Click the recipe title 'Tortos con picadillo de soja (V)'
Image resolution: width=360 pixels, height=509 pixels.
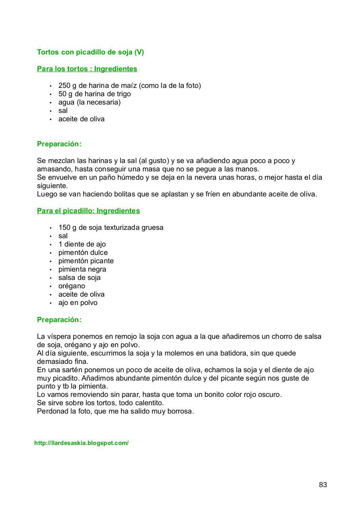click(90, 52)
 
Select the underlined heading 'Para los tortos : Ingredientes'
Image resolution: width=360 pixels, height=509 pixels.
click(87, 69)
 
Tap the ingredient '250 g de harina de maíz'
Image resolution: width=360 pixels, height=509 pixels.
click(129, 85)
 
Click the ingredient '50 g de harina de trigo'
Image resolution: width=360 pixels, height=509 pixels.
click(94, 94)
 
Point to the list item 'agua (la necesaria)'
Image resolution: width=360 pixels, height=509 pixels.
click(89, 102)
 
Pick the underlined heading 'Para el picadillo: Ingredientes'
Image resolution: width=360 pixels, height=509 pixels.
click(88, 211)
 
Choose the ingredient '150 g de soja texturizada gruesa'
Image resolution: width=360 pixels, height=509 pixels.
click(111, 227)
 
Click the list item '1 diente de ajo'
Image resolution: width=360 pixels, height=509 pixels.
click(82, 244)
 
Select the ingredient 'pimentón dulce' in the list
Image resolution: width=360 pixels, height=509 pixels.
click(83, 253)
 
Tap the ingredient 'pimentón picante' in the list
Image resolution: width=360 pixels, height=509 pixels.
click(86, 261)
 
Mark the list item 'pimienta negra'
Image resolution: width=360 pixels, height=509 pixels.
click(82, 269)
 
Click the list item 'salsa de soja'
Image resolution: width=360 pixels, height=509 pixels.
click(79, 278)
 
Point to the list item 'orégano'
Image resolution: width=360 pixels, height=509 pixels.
click(72, 286)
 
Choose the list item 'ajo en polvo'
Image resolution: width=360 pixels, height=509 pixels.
click(78, 303)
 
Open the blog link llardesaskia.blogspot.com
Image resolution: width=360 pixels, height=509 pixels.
click(81, 443)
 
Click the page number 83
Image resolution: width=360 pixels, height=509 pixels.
click(323, 485)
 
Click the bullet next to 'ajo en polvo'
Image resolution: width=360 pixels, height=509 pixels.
click(51, 303)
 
